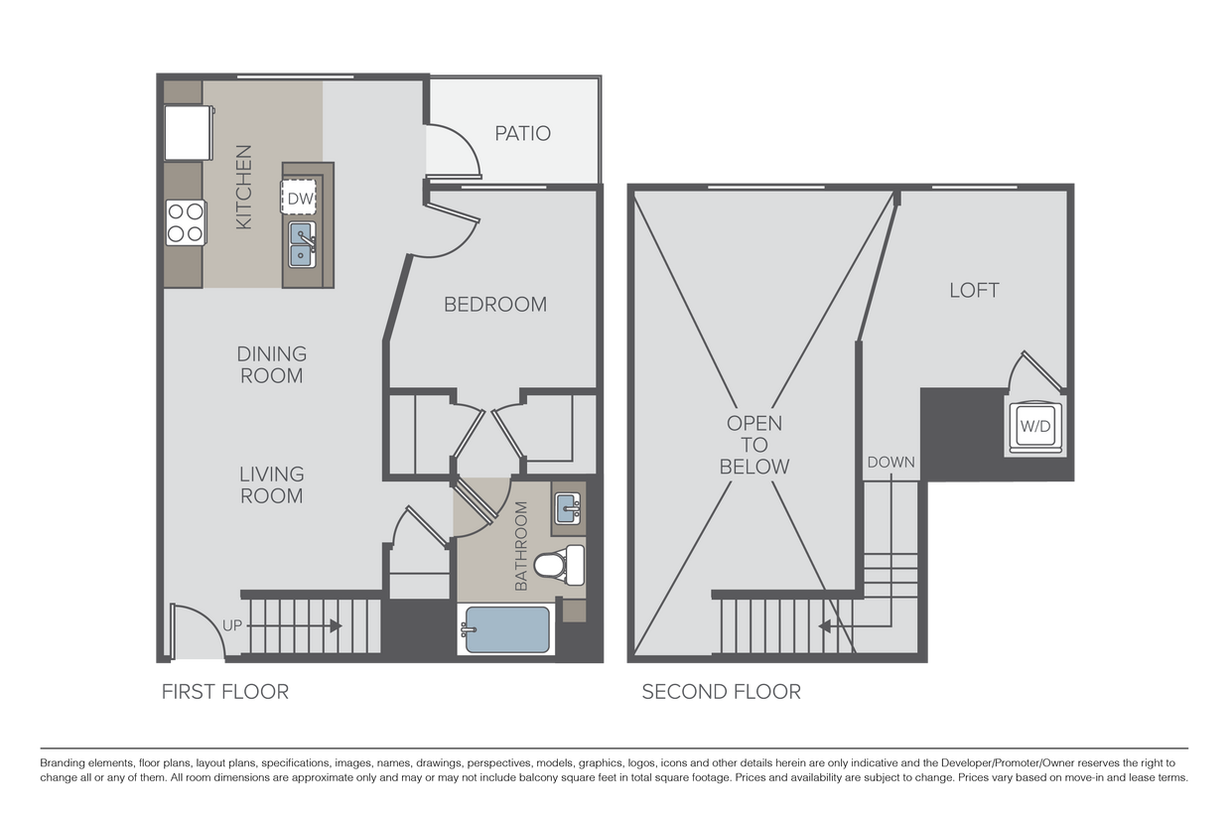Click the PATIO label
coord(522,133)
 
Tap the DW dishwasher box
coord(301,198)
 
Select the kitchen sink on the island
coord(302,244)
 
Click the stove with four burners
coord(185,221)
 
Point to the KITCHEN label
coord(243,188)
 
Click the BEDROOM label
coord(494,305)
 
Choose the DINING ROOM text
coord(271,364)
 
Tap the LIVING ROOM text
coord(271,484)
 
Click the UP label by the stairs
coord(232,625)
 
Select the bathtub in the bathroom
coord(505,629)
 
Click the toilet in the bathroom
coord(559,566)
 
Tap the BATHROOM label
coord(522,546)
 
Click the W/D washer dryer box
coord(1034,427)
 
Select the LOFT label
coord(974,291)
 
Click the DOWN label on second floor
coord(890,462)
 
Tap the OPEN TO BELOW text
coord(754,445)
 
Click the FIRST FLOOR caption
coord(226,692)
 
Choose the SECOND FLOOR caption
coord(721,692)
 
